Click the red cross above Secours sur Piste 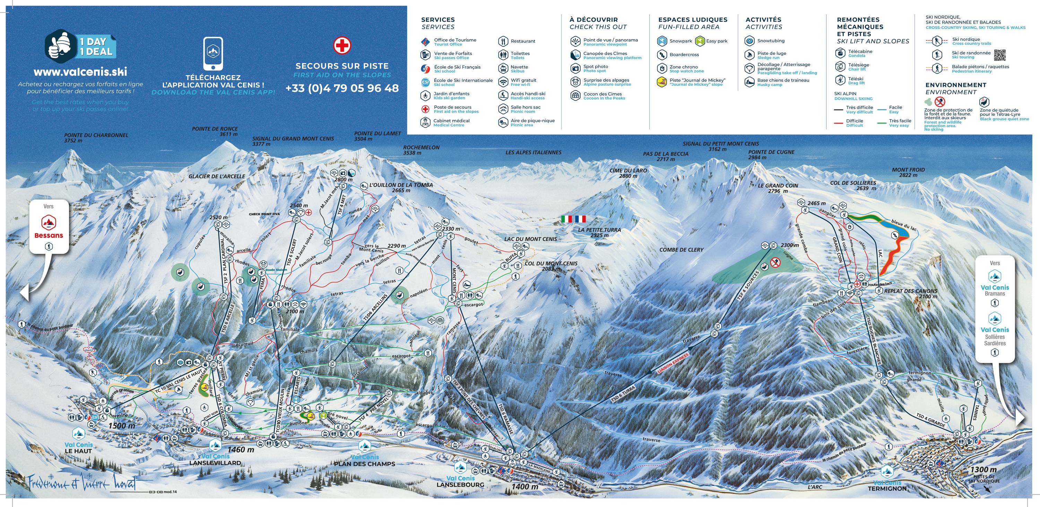tap(341, 46)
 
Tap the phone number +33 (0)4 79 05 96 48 tap(342, 88)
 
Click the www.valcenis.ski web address tap(80, 72)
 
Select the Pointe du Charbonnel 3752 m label tap(96, 138)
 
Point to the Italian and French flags tap(573, 219)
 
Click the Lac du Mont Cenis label tap(530, 239)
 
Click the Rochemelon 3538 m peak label tap(421, 150)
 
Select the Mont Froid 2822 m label tap(908, 172)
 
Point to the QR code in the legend tap(1000, 55)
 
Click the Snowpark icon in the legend tap(662, 41)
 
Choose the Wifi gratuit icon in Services tap(503, 82)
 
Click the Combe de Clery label tap(681, 250)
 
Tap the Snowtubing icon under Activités tap(750, 41)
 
